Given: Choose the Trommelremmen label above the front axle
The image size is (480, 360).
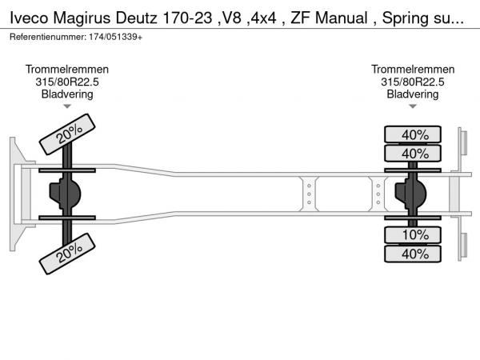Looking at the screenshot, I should click(x=67, y=70).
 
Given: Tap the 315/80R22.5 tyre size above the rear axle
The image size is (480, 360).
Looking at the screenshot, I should click(x=413, y=82).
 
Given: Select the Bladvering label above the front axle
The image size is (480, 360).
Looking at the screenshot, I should click(x=67, y=94).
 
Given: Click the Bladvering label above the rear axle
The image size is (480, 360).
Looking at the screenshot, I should click(x=413, y=94).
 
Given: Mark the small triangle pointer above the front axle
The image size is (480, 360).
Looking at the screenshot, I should click(x=67, y=106).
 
